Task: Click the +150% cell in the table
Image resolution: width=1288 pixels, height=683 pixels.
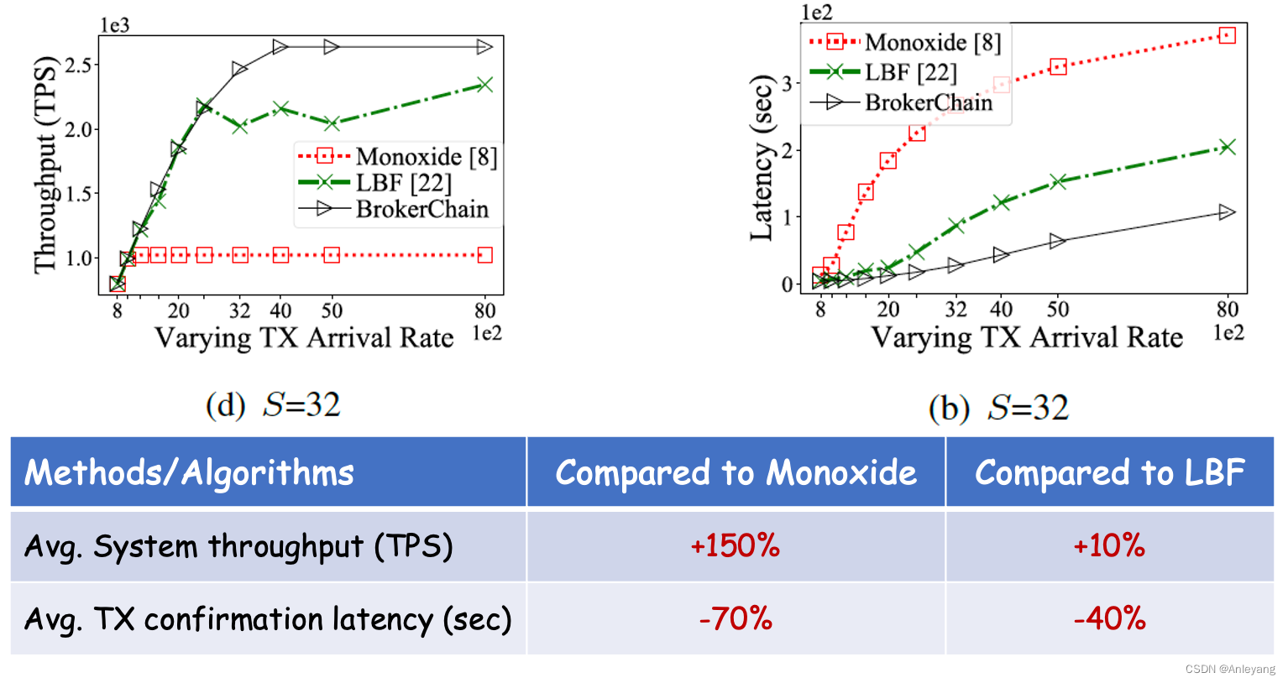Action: point(735,546)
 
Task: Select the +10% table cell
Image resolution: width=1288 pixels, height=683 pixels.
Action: point(1109,546)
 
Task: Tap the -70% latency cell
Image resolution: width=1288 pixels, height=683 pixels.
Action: point(735,619)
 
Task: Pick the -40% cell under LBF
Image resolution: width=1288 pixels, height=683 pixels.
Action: point(1109,619)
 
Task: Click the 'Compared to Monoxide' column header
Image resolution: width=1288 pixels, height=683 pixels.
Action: point(736,472)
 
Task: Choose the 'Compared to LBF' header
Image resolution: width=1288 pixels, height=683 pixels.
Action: point(1109,472)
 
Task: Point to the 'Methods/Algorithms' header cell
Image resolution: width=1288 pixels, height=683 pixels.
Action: point(189,472)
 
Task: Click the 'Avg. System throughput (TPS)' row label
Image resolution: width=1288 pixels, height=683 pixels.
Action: point(238,546)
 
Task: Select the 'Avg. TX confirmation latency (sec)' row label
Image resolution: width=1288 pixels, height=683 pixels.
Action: point(268,619)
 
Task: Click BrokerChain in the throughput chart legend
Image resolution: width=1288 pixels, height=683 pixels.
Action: point(421,209)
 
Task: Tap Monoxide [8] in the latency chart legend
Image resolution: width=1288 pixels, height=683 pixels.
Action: point(933,42)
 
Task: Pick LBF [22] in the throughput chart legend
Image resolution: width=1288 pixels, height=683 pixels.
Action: point(403,183)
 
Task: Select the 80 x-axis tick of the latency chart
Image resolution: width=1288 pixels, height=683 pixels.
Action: point(1228,310)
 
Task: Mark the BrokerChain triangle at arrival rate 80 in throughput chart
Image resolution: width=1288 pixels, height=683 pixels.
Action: point(484,47)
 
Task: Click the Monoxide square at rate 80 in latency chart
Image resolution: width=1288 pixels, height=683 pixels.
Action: point(1228,35)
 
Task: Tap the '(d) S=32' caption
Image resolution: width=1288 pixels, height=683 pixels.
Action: point(274,405)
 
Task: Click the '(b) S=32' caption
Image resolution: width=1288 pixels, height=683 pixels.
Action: point(998,409)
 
